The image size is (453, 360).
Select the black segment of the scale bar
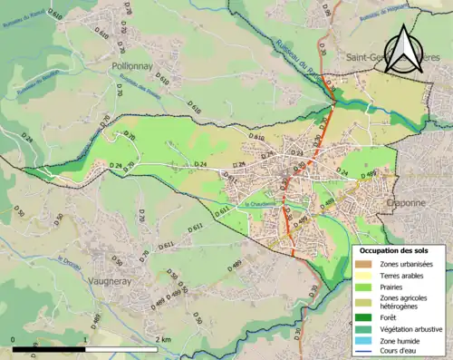click(x=49, y=348)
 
